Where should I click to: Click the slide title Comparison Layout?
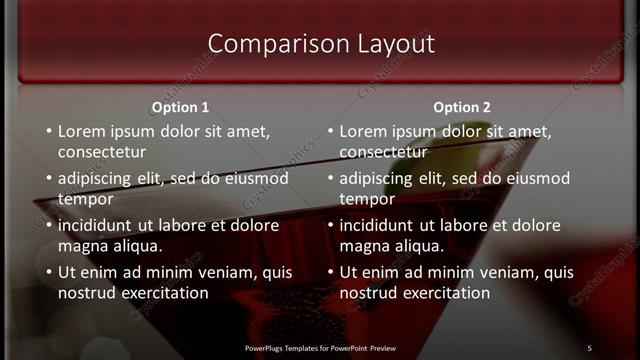click(320, 44)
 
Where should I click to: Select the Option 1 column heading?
click(180, 107)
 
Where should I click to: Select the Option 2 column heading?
click(462, 107)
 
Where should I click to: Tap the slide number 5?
click(589, 347)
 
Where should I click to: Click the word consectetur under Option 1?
click(102, 152)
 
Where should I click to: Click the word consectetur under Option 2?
click(384, 152)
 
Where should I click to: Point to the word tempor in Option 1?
click(83, 199)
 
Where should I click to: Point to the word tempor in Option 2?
click(365, 199)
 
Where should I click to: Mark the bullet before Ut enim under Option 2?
click(331, 272)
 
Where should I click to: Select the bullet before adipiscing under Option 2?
click(331, 179)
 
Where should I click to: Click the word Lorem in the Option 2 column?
click(363, 131)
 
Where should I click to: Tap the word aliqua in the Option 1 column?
click(135, 246)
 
